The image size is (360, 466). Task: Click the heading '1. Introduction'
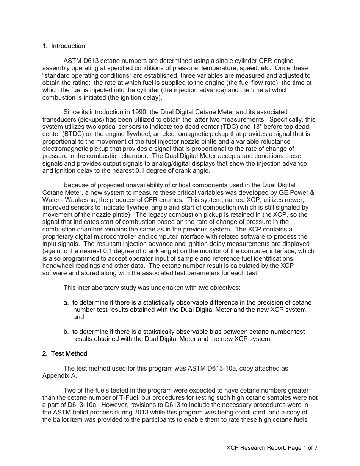point(64,46)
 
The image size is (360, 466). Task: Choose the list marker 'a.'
point(67,303)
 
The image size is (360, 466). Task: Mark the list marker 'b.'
point(67,332)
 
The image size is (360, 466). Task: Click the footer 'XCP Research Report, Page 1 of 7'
point(272,448)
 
